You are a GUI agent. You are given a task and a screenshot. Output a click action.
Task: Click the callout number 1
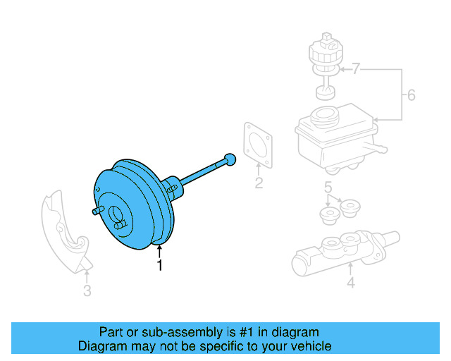[x=160, y=266]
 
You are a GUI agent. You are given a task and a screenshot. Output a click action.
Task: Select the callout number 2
[x=259, y=185]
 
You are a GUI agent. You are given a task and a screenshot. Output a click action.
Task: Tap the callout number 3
[x=87, y=290]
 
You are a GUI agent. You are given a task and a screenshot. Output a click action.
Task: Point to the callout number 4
[x=350, y=283]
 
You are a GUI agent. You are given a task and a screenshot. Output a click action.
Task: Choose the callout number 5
[x=328, y=187]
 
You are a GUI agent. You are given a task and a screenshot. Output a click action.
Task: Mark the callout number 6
[x=412, y=94]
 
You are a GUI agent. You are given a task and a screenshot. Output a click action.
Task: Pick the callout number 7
[x=356, y=69]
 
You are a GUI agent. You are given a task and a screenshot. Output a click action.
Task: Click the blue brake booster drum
[x=134, y=204]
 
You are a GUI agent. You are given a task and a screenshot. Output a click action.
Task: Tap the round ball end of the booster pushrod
[x=228, y=159]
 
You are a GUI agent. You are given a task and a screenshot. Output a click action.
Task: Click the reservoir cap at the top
[x=325, y=49]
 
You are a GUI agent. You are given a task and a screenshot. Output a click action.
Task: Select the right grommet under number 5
[x=350, y=207]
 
